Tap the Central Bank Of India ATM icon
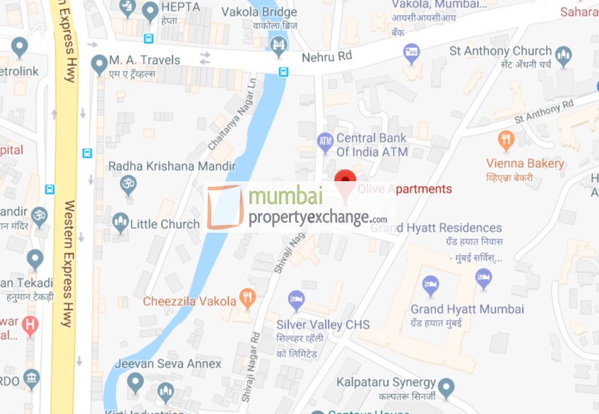[325, 143]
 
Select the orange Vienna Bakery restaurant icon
[505, 140]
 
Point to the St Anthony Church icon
[563, 55]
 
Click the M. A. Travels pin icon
[100, 64]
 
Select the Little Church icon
[120, 222]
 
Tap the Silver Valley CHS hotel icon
[296, 300]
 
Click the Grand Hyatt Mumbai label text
[467, 309]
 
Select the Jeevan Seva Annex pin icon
[135, 382]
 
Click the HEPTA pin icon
[150, 11]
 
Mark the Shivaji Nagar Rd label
[247, 377]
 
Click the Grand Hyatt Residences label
[437, 228]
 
